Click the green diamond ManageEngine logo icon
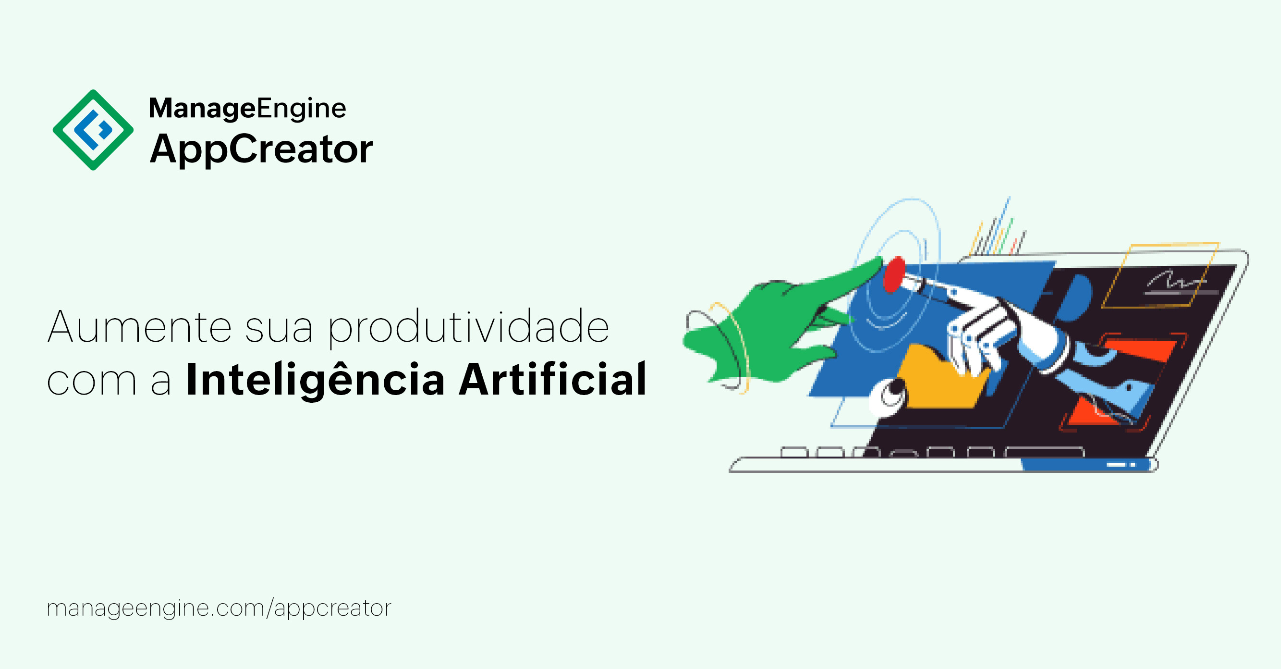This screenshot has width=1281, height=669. (93, 130)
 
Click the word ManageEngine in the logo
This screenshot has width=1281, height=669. (247, 109)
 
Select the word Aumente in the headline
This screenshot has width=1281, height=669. (139, 327)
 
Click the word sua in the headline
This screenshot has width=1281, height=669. (279, 330)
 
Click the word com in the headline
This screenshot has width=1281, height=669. (91, 382)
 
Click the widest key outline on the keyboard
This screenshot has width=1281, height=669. (1044, 452)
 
